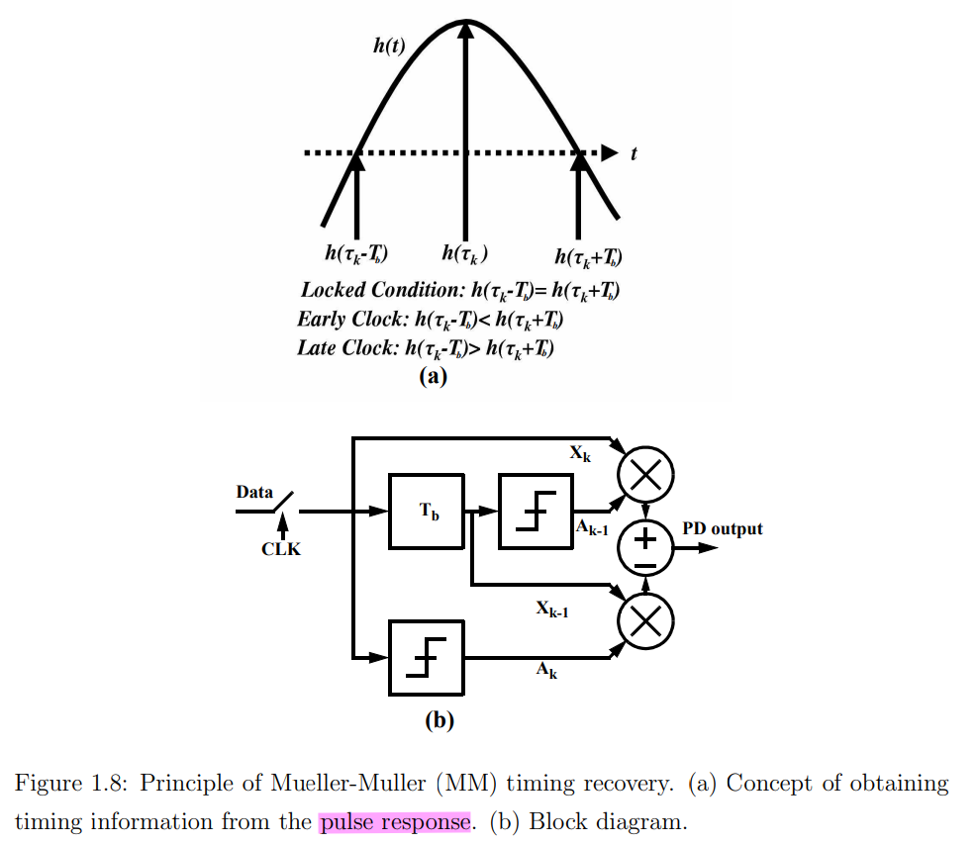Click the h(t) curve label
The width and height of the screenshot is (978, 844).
388,47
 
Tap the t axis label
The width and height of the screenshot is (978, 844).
633,153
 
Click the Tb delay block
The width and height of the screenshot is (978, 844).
427,511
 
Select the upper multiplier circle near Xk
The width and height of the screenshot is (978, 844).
645,475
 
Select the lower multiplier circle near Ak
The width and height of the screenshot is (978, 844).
645,621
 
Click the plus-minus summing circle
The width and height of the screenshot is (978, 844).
645,548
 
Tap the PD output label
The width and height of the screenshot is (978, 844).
723,529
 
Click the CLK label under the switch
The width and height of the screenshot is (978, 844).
281,549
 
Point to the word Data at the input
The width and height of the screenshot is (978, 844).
254,492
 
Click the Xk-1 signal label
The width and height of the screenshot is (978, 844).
551,610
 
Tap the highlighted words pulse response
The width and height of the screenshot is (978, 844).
394,821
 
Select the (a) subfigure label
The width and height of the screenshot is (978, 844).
434,376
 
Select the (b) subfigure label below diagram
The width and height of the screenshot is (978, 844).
439,720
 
